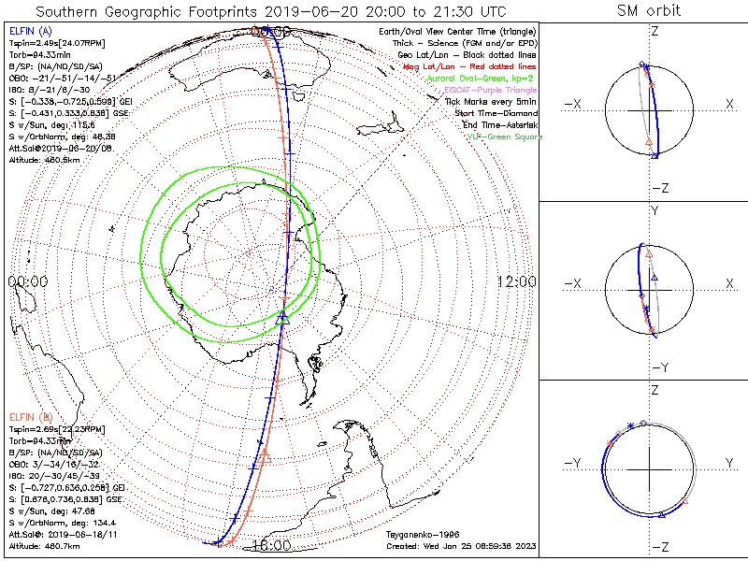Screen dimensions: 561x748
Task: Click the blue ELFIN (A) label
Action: click(29, 32)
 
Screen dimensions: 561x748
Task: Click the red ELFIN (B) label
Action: click(29, 416)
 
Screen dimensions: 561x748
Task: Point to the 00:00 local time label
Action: click(27, 281)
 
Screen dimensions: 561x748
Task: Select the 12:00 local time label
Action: click(516, 281)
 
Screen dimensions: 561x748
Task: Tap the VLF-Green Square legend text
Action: click(504, 137)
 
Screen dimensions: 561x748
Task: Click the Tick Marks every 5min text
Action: click(490, 101)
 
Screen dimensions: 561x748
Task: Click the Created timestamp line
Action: click(461, 545)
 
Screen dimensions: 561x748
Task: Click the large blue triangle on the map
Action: click(283, 319)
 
